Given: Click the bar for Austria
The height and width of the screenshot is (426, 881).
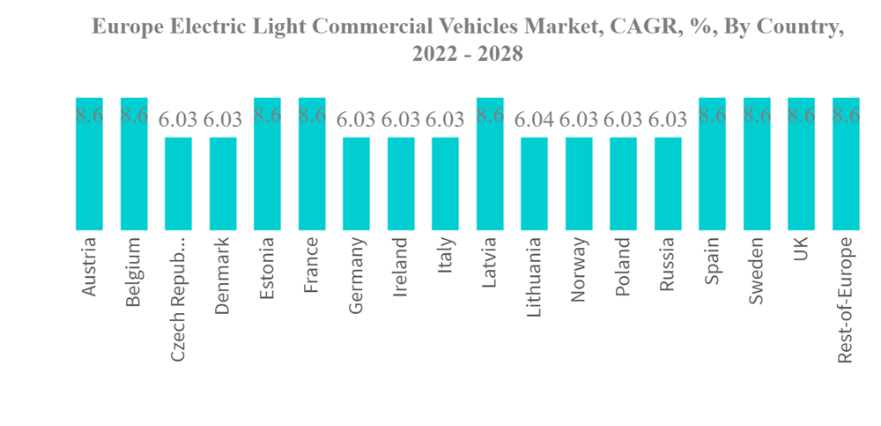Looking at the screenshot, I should (x=89, y=168).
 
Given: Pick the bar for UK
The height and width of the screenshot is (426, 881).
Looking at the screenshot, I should (x=801, y=168).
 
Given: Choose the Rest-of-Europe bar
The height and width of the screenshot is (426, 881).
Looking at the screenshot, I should (x=846, y=168).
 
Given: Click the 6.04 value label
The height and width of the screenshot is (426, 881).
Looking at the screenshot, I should (x=534, y=120).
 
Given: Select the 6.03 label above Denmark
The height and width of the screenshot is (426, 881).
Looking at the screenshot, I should (x=223, y=120).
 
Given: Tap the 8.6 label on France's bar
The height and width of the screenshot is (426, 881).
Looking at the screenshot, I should (x=312, y=115).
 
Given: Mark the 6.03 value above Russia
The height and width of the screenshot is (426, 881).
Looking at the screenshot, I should (x=668, y=120).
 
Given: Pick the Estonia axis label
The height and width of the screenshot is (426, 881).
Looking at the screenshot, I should (x=267, y=267).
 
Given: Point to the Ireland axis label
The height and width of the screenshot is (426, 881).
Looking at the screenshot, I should (x=401, y=265).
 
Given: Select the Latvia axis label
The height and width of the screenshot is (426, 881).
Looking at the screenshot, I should (x=490, y=262).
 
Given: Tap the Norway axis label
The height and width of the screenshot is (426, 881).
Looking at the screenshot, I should (x=579, y=269).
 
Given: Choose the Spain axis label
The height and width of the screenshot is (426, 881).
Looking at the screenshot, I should (x=713, y=260).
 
